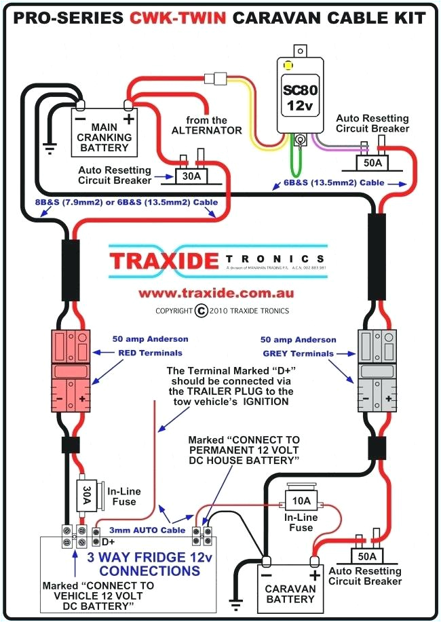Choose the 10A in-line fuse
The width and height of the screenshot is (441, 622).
301,502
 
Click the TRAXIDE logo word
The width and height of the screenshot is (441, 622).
164,260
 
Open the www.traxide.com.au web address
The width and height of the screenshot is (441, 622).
216,293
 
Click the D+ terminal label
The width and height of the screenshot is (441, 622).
108,541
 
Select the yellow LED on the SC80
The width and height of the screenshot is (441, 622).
288,66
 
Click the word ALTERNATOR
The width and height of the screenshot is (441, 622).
206,130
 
